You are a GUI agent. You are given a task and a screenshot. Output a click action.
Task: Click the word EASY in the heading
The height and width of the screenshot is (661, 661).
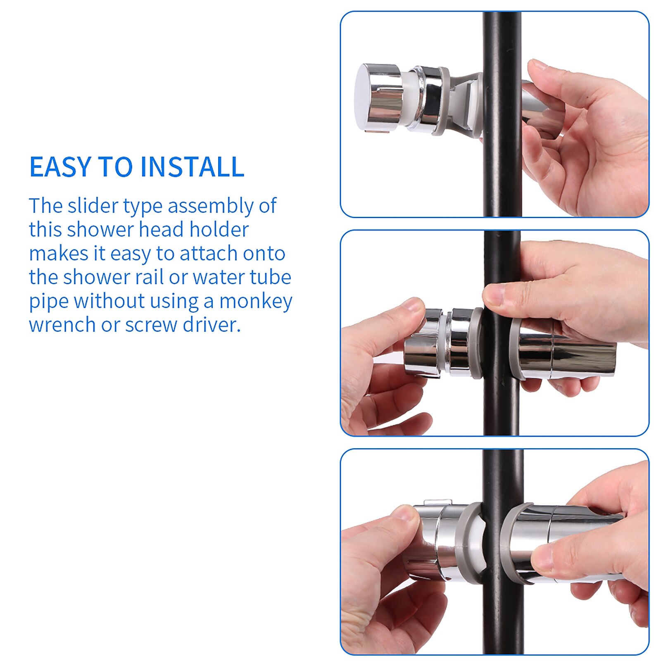click(x=60, y=167)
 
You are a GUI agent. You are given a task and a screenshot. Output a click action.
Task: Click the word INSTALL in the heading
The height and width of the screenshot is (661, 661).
click(x=192, y=167)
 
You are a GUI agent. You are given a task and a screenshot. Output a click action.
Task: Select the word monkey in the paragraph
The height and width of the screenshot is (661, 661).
click(x=256, y=301)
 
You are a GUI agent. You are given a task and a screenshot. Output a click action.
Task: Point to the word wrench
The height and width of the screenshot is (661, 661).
click(x=62, y=325)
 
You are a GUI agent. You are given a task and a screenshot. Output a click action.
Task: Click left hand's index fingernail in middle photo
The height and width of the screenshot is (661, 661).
click(x=413, y=305)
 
